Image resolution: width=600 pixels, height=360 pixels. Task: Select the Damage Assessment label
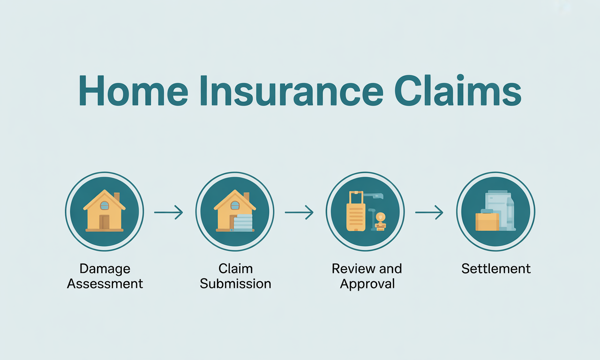tap(105, 276)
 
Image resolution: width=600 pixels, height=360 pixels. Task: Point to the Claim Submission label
tap(235, 276)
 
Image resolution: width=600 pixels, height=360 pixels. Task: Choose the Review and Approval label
tap(367, 276)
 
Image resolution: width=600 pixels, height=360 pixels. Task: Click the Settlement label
tap(496, 269)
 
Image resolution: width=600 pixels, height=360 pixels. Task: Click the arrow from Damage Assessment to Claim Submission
tap(169, 213)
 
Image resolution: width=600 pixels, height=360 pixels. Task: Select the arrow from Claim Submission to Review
tap(299, 212)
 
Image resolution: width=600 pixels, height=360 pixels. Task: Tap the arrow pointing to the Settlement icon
tap(429, 212)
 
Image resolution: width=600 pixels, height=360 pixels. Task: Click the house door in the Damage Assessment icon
tap(104, 222)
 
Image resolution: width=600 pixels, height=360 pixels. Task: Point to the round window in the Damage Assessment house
tap(105, 205)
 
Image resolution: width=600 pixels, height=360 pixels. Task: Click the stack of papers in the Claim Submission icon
tap(243, 222)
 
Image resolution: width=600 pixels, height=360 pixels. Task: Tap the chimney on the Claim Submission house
tap(247, 196)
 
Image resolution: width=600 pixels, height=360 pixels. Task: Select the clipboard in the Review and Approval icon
tap(356, 213)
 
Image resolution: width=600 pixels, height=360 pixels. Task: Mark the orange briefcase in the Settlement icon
tap(487, 222)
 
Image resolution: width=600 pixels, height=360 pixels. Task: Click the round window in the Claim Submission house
tap(235, 205)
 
